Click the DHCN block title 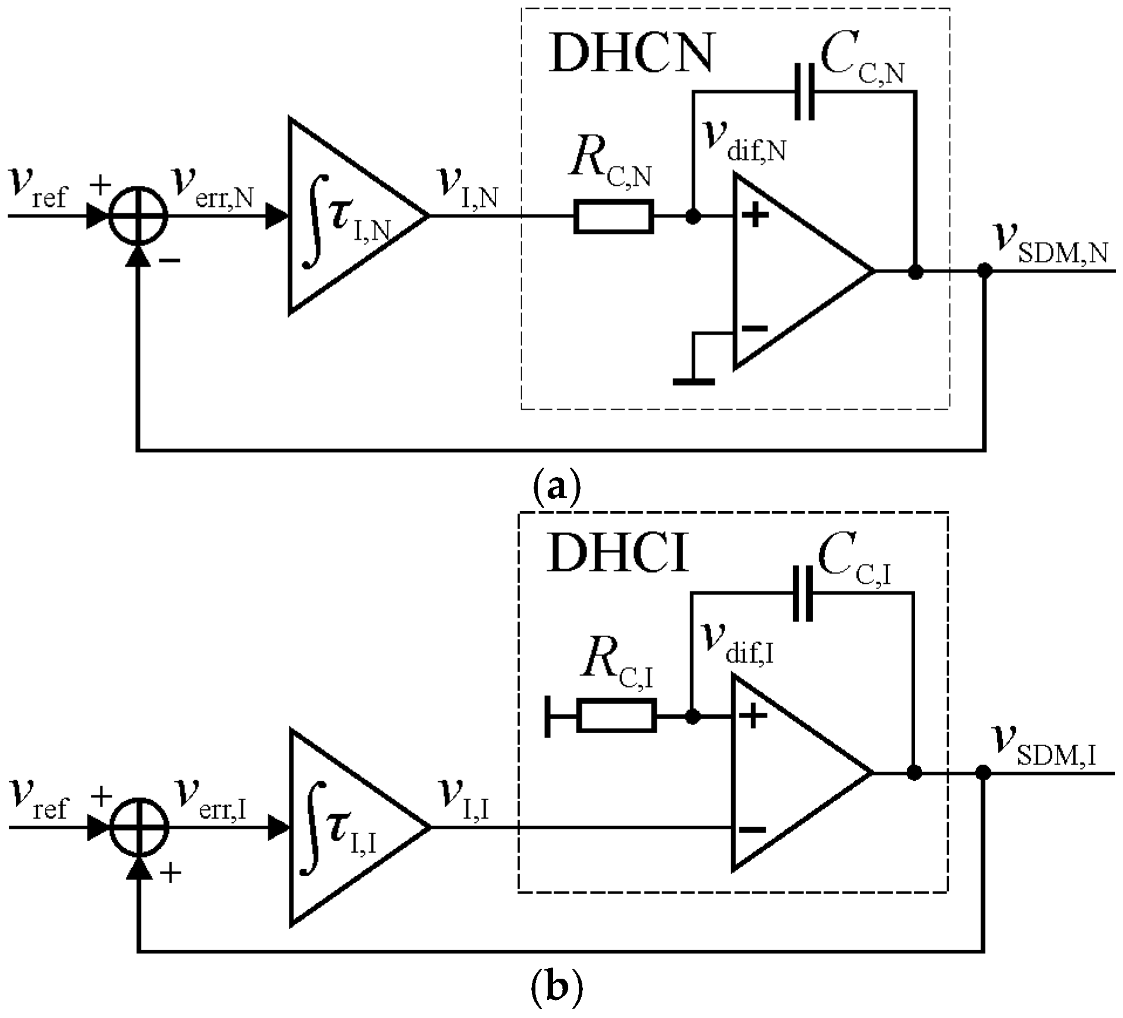pyautogui.click(x=632, y=54)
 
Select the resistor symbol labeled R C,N pyautogui.click(x=613, y=216)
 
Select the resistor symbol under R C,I pyautogui.click(x=616, y=716)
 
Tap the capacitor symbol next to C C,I pyautogui.click(x=802, y=593)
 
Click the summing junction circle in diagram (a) pyautogui.click(x=139, y=216)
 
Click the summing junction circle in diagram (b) pyautogui.click(x=139, y=828)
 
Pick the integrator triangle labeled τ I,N pyautogui.click(x=346, y=216)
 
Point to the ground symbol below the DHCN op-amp pyautogui.click(x=694, y=381)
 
